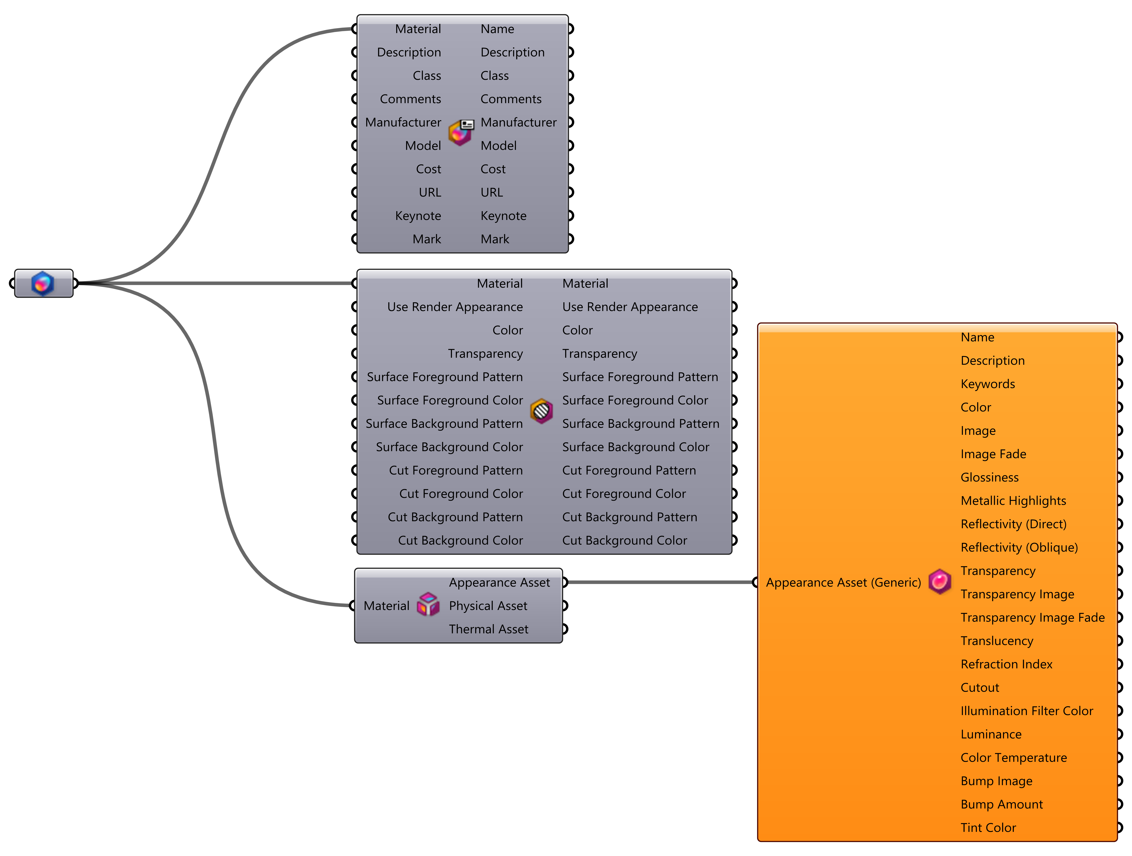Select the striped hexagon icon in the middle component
click(x=541, y=411)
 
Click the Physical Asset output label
click(x=488, y=606)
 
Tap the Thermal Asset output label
click(x=488, y=629)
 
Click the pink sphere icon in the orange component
click(x=940, y=581)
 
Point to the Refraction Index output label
click(x=1006, y=664)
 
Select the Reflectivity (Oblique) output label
click(x=1019, y=547)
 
